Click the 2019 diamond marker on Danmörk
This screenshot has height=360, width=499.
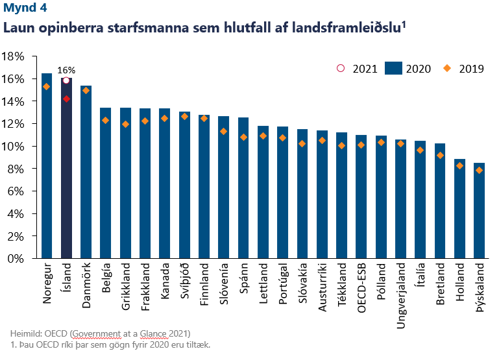tap(86, 91)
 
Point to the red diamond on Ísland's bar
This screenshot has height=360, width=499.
tap(66, 99)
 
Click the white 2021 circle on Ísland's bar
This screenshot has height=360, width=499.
tap(66, 80)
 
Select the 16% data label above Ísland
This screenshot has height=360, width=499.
tap(66, 70)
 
